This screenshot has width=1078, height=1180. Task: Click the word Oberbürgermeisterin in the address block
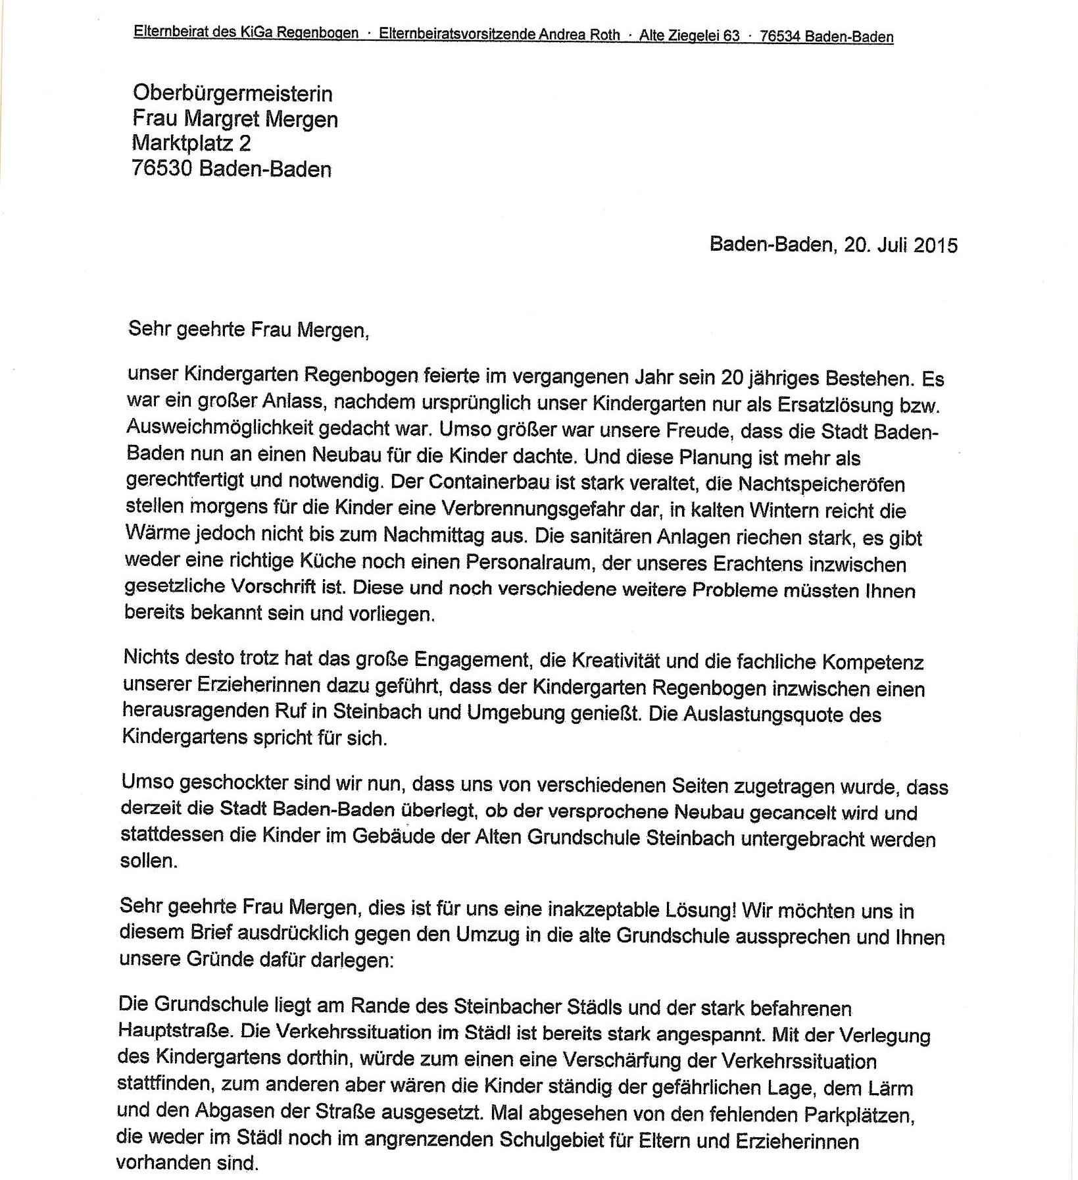coord(232,93)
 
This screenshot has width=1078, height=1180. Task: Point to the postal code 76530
coord(162,169)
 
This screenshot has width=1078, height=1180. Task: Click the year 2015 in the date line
coord(935,245)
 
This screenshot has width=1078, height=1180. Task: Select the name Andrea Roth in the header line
coord(579,35)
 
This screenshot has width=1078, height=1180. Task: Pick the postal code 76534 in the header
coord(779,36)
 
